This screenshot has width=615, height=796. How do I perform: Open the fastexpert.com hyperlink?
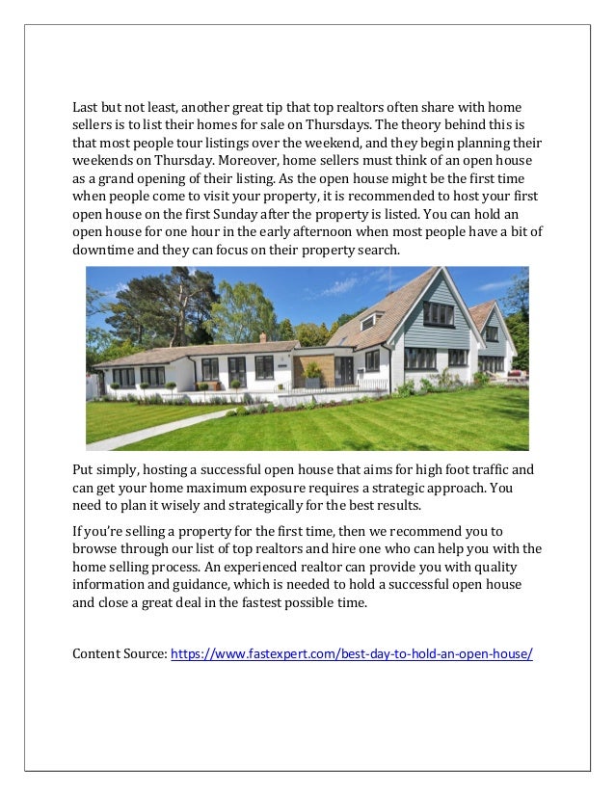coord(351,654)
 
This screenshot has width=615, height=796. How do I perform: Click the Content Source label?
coord(120,654)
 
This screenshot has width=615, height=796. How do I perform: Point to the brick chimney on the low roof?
coord(263,337)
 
